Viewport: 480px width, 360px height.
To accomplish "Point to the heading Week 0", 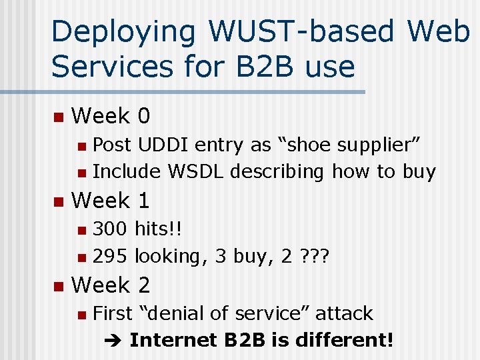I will [x=111, y=116].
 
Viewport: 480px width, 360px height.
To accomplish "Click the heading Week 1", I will [x=111, y=200].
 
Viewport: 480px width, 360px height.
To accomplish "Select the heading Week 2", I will [x=111, y=285].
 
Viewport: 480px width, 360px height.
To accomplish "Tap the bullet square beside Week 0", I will [x=58, y=117].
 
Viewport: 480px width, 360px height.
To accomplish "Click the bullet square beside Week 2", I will [x=58, y=286].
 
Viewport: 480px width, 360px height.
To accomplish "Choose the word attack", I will [x=344, y=313].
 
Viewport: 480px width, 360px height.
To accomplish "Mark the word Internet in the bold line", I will [x=173, y=340].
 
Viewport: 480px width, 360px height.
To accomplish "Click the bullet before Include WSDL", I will [x=81, y=173].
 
